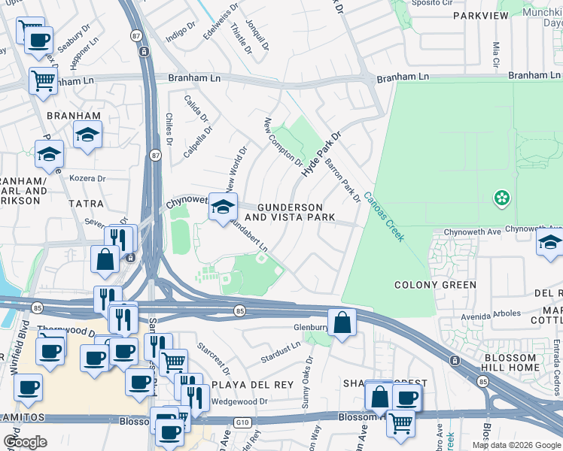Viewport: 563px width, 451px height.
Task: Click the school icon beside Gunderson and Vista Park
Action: pos(223,208)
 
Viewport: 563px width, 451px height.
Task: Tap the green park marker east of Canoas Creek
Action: pos(501,198)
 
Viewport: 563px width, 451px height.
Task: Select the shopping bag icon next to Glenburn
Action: pos(342,322)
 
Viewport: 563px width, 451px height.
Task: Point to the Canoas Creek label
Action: pos(384,216)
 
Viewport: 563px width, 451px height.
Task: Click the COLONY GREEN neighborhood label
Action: pos(436,285)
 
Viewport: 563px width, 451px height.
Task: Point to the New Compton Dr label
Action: pos(282,142)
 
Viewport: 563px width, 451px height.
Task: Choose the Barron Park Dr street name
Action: pos(342,180)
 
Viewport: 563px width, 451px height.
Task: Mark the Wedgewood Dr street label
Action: pos(239,401)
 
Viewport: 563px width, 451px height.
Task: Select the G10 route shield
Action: pos(242,422)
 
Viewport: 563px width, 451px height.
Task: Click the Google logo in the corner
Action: pos(25,442)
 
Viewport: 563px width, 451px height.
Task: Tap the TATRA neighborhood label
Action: pos(85,204)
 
